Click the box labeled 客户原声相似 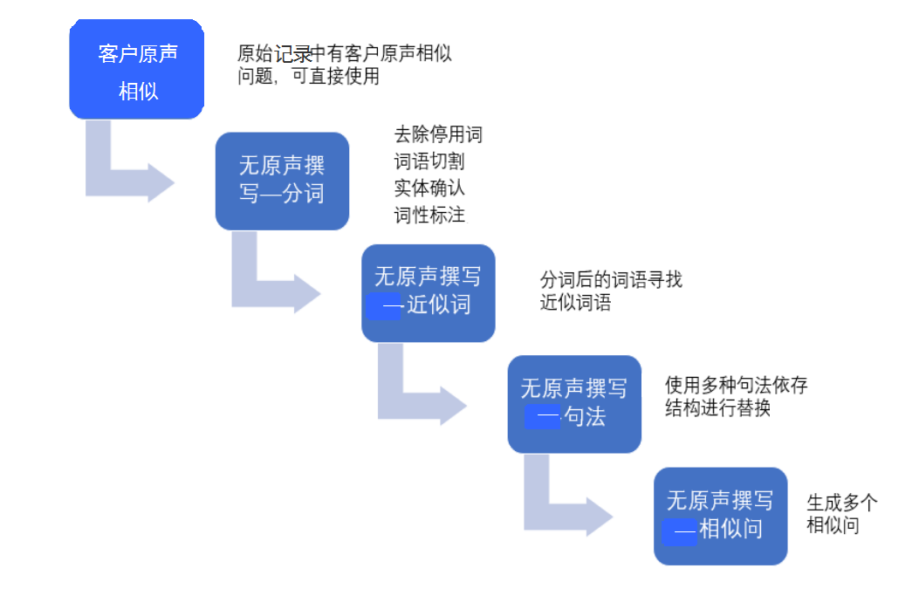pyautogui.click(x=137, y=70)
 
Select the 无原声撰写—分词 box pyautogui.click(x=282, y=181)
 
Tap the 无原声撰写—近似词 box pyautogui.click(x=428, y=292)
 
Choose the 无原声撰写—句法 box pyautogui.click(x=574, y=404)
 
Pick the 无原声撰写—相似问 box pyautogui.click(x=720, y=516)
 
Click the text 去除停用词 pyautogui.click(x=438, y=135)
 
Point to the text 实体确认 pyautogui.click(x=429, y=188)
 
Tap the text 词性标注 pyautogui.click(x=429, y=215)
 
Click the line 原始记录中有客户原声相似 pyautogui.click(x=345, y=53)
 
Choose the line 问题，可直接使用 pyautogui.click(x=308, y=76)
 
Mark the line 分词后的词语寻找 pyautogui.click(x=611, y=280)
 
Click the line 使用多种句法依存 pyautogui.click(x=737, y=385)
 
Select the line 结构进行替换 pyautogui.click(x=717, y=408)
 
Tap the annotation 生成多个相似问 pyautogui.click(x=841, y=514)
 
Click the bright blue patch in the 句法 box pyautogui.click(x=542, y=417)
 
